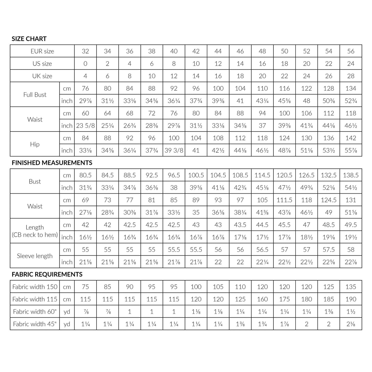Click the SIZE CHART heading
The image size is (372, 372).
pos(29,39)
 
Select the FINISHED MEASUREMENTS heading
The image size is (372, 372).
pos(52,163)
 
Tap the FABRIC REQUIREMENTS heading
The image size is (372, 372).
pos(47,274)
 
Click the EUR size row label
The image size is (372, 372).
pos(42,51)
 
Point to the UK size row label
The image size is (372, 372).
pos(42,76)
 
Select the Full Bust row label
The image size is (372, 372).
pos(35,94)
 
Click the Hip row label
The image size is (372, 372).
pos(35,144)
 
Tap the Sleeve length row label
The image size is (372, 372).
pos(35,256)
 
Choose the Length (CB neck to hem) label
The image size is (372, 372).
pos(35,231)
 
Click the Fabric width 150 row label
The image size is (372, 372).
pos(35,287)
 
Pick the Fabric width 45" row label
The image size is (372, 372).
pos(35,324)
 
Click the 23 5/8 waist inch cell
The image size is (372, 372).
pos(85,126)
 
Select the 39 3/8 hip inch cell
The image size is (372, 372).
pos(174,150)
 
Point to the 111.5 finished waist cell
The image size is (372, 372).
pos(284,200)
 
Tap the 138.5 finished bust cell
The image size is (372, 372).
pos(351,175)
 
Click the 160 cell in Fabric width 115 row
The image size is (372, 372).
pos(262,299)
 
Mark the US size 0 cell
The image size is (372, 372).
pos(85,64)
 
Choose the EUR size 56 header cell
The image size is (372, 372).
pos(351,51)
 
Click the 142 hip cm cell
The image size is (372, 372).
pos(351,138)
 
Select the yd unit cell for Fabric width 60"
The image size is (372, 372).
pos(67,312)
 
